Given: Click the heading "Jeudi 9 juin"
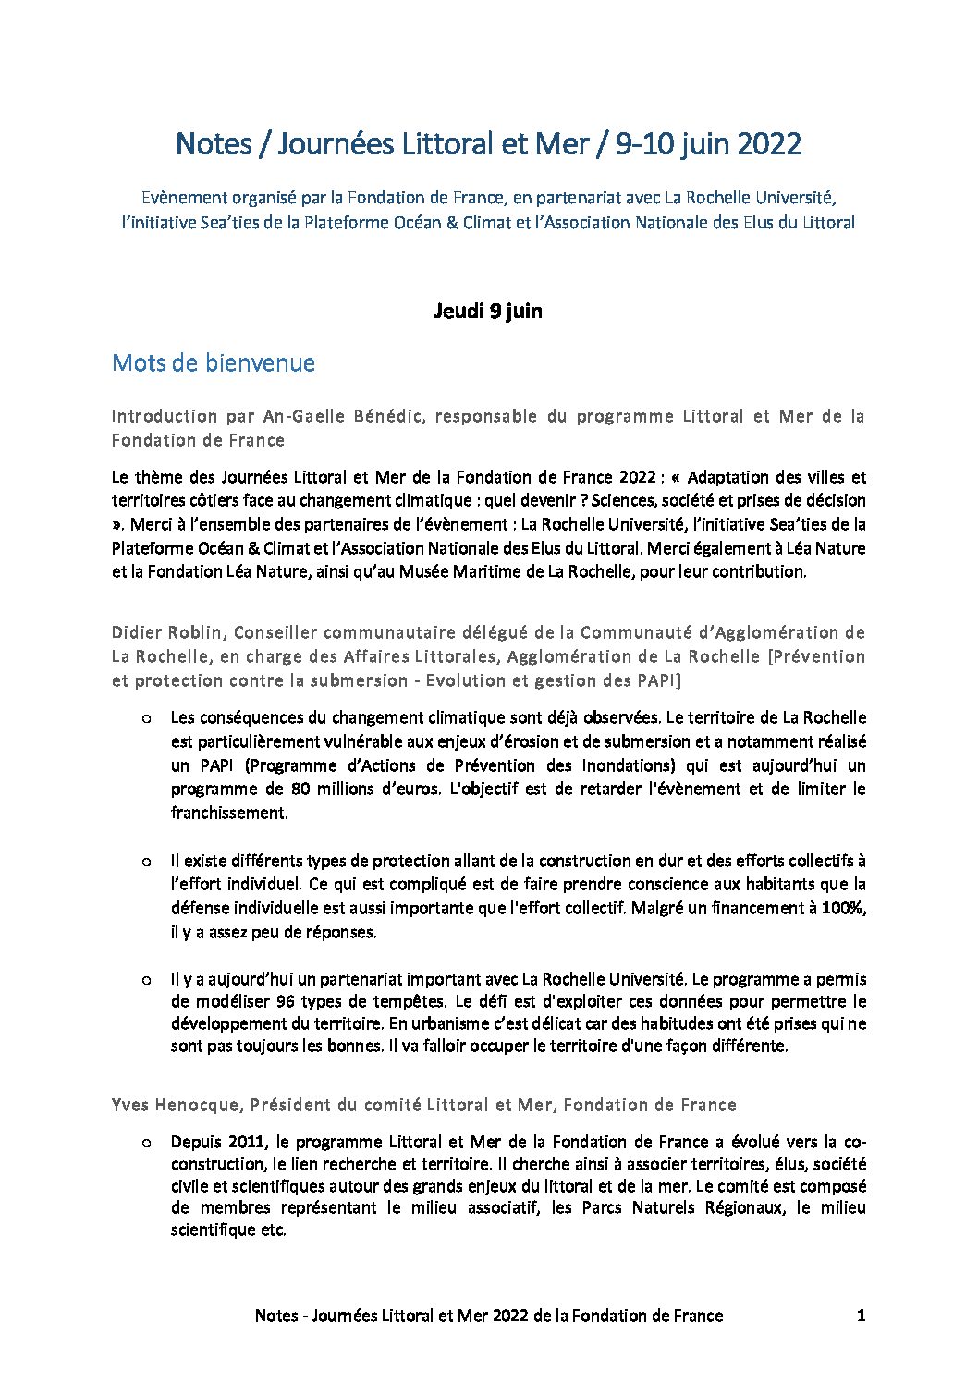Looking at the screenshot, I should point(488,311).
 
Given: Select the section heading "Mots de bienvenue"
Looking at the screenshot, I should point(213,362).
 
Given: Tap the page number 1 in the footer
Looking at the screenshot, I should point(861,1315).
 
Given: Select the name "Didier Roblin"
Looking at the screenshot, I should point(167,632).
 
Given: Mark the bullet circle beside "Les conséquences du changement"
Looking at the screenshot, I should point(146,717).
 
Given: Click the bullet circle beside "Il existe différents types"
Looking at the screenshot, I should point(146,861).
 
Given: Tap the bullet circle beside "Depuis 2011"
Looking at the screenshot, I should point(146,1142).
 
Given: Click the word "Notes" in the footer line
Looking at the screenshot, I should point(277,1315).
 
